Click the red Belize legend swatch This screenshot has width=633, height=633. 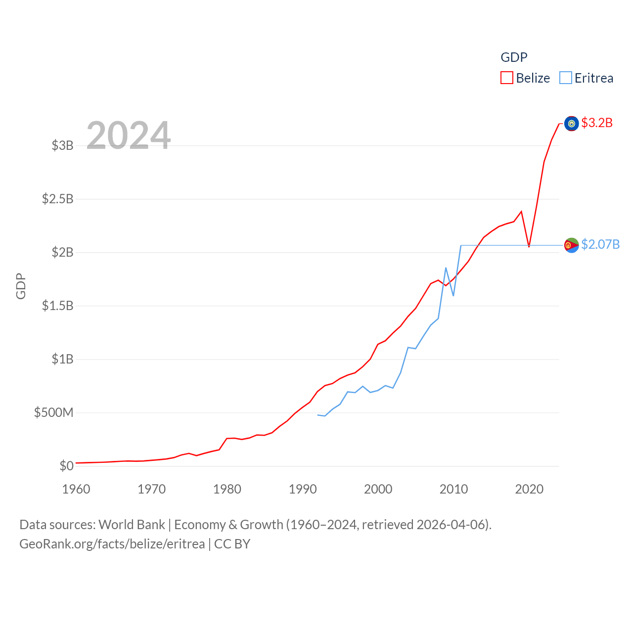pyautogui.click(x=507, y=78)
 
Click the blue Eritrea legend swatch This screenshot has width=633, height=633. pyautogui.click(x=566, y=78)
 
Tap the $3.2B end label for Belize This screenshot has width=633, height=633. pyautogui.click(x=597, y=123)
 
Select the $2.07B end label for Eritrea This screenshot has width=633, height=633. pyautogui.click(x=600, y=244)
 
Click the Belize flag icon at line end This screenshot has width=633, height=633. pyautogui.click(x=571, y=123)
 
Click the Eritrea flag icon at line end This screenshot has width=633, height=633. pyautogui.click(x=571, y=245)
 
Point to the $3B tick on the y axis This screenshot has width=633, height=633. pyautogui.click(x=63, y=145)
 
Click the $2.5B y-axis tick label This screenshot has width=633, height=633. pyautogui.click(x=58, y=199)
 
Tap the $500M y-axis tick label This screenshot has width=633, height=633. pyautogui.click(x=54, y=412)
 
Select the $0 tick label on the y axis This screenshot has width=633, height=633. pyautogui.click(x=67, y=466)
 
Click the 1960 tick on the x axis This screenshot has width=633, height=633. pyautogui.click(x=76, y=489)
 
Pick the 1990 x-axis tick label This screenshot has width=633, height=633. pyautogui.click(x=303, y=489)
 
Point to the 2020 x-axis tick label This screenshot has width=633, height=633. pyautogui.click(x=529, y=489)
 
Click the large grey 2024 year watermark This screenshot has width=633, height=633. pyautogui.click(x=129, y=135)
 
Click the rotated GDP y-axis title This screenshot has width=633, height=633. pyautogui.click(x=21, y=286)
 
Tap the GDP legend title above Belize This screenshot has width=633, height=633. pyautogui.click(x=514, y=57)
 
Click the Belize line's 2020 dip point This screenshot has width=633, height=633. pyautogui.click(x=529, y=246)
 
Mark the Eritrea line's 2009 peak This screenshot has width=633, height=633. pyautogui.click(x=446, y=268)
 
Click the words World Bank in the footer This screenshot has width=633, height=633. pyautogui.click(x=132, y=525)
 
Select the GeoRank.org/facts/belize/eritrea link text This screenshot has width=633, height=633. pyautogui.click(x=112, y=544)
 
